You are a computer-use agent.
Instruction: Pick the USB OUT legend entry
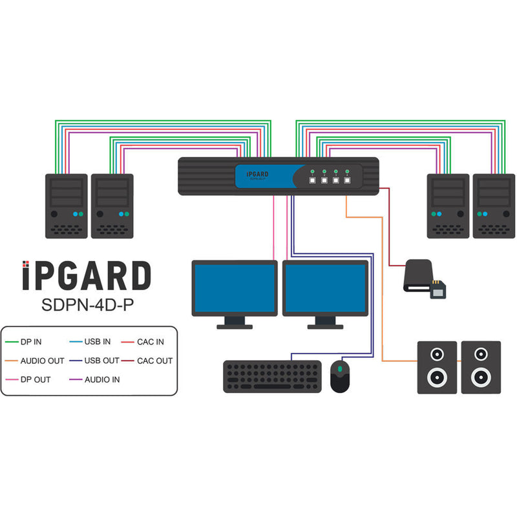click(100, 361)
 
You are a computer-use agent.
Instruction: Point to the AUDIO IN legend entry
click(101, 380)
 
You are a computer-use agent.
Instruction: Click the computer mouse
click(340, 376)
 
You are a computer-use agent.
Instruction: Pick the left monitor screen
click(235, 289)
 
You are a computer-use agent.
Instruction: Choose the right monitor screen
click(325, 289)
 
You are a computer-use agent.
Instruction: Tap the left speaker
click(437, 367)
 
